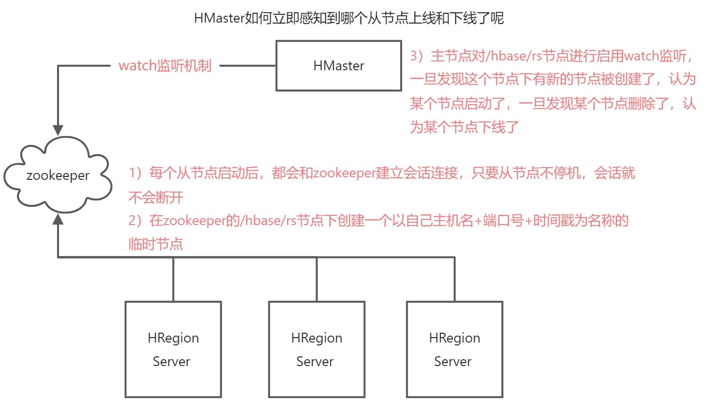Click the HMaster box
pyautogui.click(x=339, y=66)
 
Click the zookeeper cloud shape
pyautogui.click(x=58, y=175)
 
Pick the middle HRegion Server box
pyautogui.click(x=316, y=349)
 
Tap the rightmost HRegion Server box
pyautogui.click(x=454, y=349)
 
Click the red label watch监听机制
pyautogui.click(x=165, y=66)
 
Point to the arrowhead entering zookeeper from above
pyautogui.click(x=58, y=130)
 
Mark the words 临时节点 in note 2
pyautogui.click(x=156, y=244)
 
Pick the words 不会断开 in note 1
pyautogui.click(x=156, y=198)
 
